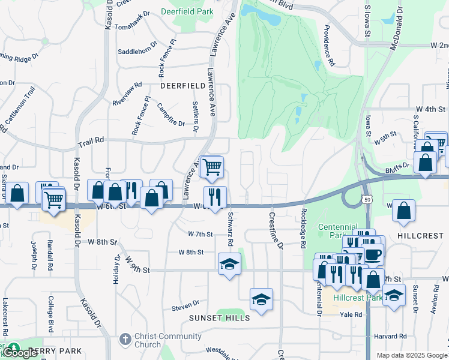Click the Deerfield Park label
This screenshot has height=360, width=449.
click(187, 11)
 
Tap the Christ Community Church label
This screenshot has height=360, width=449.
click(148, 340)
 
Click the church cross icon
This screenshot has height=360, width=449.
click(124, 339)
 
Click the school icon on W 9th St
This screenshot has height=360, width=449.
click(229, 264)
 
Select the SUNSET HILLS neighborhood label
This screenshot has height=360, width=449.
click(219, 318)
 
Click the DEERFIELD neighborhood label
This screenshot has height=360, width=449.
click(183, 86)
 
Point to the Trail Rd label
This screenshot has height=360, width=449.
click(91, 142)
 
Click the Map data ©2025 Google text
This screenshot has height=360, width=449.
click(411, 355)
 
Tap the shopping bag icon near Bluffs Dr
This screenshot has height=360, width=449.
click(426, 163)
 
